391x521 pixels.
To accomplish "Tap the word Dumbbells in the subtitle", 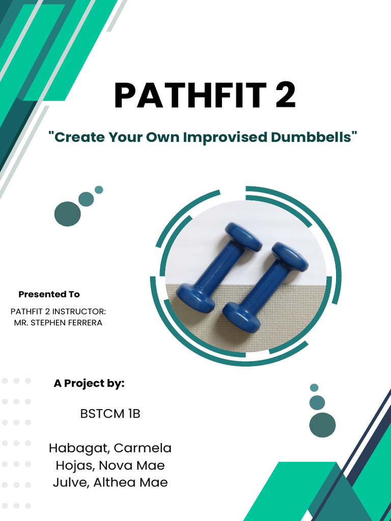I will point(311,137).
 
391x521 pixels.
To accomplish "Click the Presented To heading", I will point(49,294).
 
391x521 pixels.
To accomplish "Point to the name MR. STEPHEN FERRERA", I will point(58,323).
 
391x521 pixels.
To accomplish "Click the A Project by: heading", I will point(89,384).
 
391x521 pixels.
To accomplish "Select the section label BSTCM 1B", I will point(110,414).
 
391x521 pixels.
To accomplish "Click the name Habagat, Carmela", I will point(110,448).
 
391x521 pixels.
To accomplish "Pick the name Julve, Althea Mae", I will point(110,482).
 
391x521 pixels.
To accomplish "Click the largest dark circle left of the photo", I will point(68,214).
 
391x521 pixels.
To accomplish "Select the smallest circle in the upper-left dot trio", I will point(99,190).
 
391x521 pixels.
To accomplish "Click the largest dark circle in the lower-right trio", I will point(322,424).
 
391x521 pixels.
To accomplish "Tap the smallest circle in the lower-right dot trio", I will point(314,388).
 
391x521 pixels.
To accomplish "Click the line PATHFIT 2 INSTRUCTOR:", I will point(58,311).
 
